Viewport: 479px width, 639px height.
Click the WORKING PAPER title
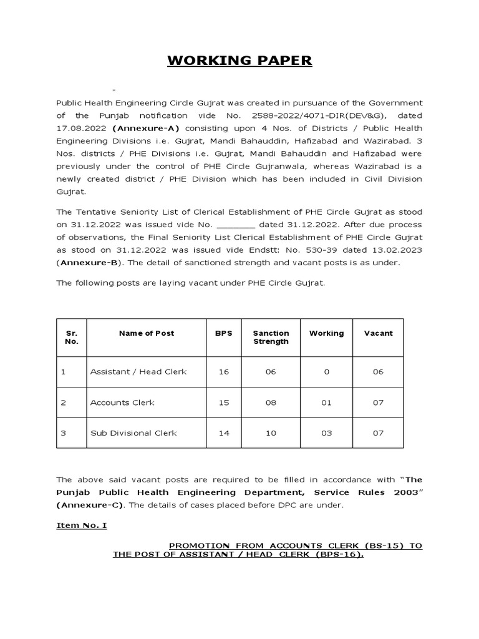point(239,61)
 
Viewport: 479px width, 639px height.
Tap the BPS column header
point(223,333)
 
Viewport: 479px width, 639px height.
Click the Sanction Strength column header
point(271,337)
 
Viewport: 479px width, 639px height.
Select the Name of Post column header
point(147,333)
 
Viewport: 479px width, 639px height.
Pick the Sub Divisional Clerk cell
point(133,433)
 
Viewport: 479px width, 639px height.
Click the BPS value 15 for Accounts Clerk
point(223,402)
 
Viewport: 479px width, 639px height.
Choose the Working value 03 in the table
point(326,433)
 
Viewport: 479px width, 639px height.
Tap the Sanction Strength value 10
point(271,433)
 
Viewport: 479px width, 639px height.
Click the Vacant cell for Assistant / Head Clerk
point(378,372)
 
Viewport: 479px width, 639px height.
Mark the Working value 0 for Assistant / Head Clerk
point(326,372)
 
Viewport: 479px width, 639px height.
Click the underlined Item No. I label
point(82,525)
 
